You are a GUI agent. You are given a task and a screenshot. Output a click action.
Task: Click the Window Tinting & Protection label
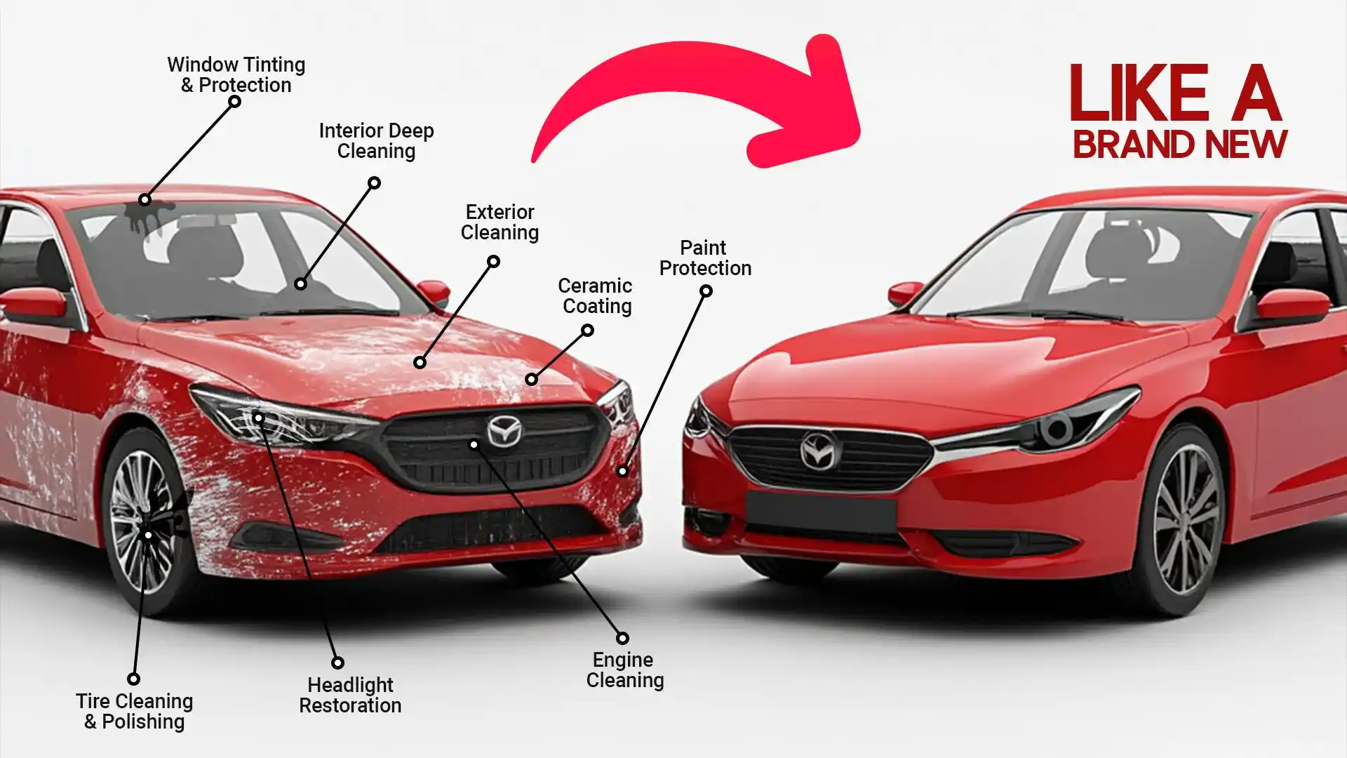pos(236,74)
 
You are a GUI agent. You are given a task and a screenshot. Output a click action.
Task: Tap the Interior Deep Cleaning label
pos(376,140)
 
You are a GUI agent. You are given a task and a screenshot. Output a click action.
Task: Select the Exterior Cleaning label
pos(500,222)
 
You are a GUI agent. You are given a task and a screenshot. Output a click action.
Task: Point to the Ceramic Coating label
pos(596,295)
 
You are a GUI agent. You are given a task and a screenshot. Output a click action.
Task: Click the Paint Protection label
pos(704,258)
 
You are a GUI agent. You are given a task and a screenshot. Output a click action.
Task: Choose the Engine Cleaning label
pos(624,670)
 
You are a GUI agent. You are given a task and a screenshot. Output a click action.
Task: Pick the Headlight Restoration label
pos(350,695)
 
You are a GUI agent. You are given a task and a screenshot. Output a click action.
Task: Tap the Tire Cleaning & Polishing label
pos(134,711)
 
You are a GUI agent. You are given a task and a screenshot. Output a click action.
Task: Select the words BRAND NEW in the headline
pos(1179,145)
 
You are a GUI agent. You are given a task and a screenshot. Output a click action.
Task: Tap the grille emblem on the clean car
pos(819,451)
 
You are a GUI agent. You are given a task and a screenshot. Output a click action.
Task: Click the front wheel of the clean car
pos(1186,519)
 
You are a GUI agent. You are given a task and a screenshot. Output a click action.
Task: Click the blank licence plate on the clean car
pos(821,512)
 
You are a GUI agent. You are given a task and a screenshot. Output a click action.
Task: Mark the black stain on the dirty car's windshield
pos(147,214)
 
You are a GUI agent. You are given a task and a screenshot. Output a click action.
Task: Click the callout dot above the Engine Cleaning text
pos(622,638)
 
